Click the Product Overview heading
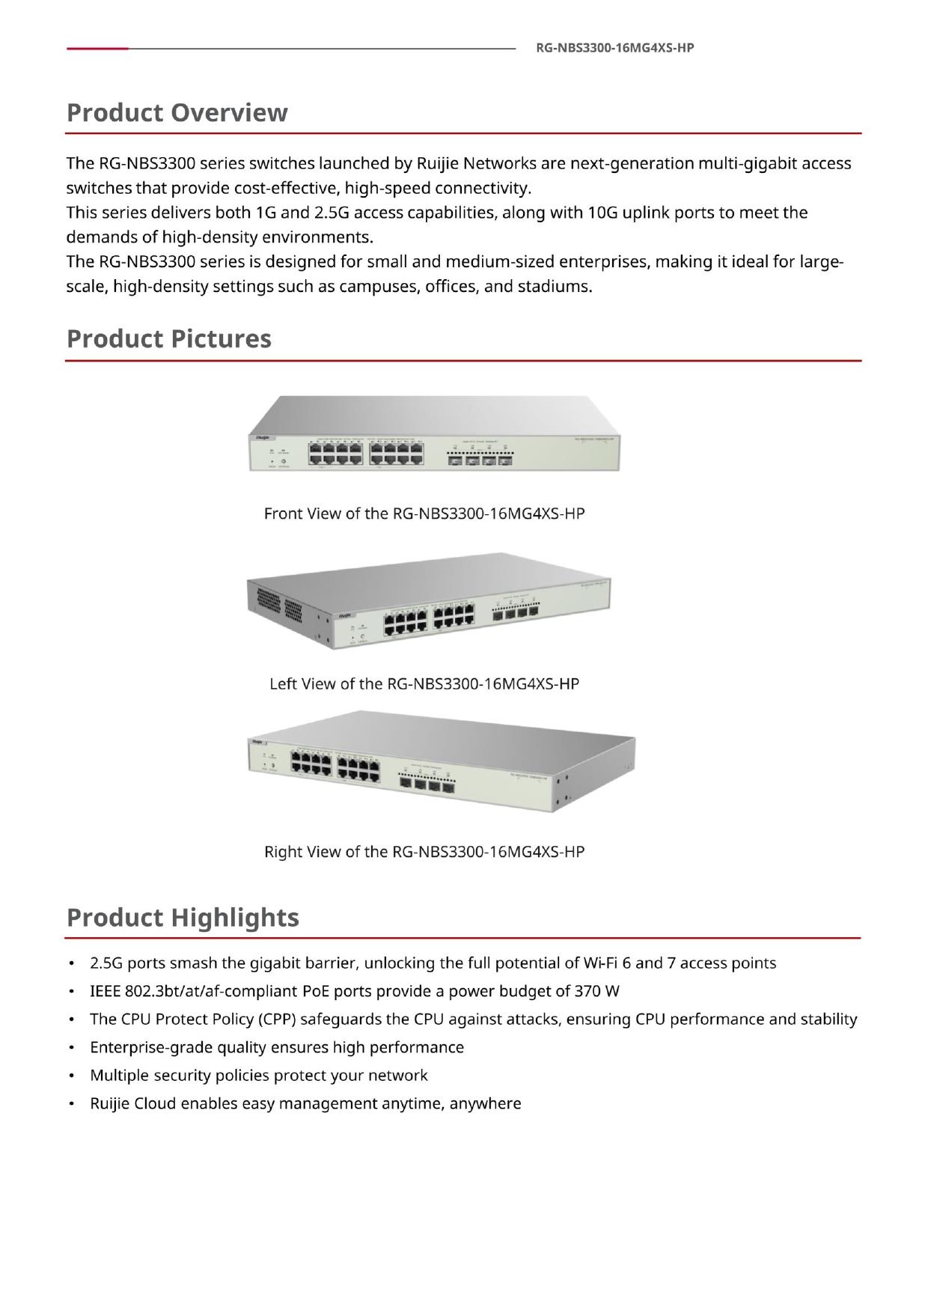(x=177, y=112)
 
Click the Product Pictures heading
(x=169, y=338)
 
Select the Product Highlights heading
(x=183, y=917)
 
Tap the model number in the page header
(x=615, y=48)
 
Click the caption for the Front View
(x=424, y=514)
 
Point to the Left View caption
(x=424, y=683)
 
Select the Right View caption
(x=424, y=851)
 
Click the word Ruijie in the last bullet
(x=110, y=1103)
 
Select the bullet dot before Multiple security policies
(x=71, y=1076)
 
